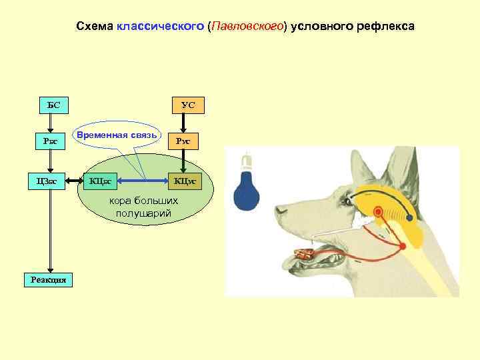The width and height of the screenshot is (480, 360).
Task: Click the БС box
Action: [54, 105]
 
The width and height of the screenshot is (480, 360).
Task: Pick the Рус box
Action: [183, 141]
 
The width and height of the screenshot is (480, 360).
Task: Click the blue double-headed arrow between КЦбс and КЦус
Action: [143, 180]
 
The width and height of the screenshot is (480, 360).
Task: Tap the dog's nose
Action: [281, 212]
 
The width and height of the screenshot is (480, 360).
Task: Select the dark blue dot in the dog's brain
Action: [410, 218]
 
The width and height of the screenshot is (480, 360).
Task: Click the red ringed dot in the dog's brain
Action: [378, 213]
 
